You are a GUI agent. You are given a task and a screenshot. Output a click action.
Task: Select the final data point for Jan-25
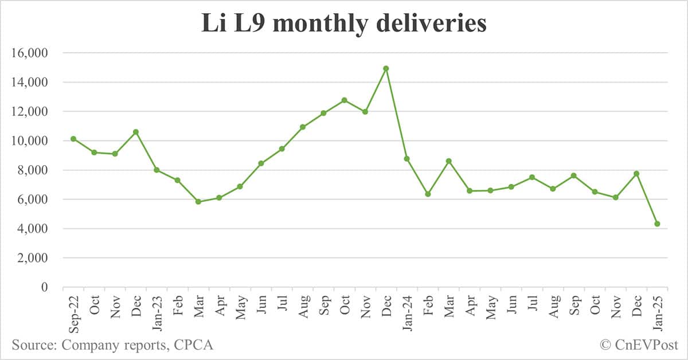click(x=657, y=224)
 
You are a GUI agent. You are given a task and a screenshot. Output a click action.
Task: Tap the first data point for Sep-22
click(x=73, y=139)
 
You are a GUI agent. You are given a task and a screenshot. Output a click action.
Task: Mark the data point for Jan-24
click(x=407, y=158)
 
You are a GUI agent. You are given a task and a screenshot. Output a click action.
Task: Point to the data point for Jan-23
click(x=157, y=170)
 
